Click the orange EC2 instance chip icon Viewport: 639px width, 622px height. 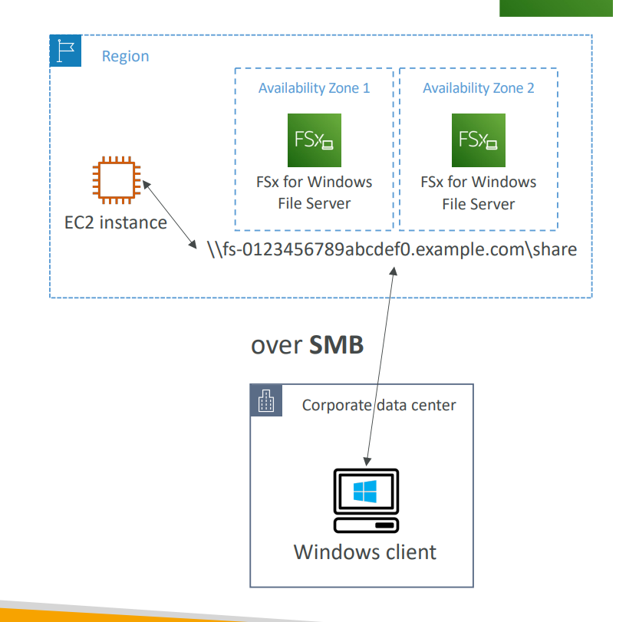click(x=115, y=180)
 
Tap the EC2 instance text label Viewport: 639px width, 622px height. click(x=115, y=222)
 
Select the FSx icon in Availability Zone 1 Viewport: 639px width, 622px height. click(x=314, y=140)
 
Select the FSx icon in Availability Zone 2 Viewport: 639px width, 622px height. click(x=478, y=140)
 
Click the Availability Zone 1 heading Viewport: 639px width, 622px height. click(x=314, y=88)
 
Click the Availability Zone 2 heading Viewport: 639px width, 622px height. click(x=478, y=88)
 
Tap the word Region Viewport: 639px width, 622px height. click(x=125, y=57)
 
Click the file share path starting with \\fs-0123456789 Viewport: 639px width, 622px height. click(x=392, y=250)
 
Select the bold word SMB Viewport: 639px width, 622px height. click(x=336, y=345)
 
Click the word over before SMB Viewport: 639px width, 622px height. click(x=276, y=346)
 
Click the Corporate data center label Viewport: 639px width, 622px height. click(x=379, y=405)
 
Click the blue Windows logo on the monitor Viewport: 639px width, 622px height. click(x=365, y=491)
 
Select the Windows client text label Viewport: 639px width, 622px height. click(x=365, y=552)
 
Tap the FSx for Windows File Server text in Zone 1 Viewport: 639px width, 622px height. click(x=314, y=193)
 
